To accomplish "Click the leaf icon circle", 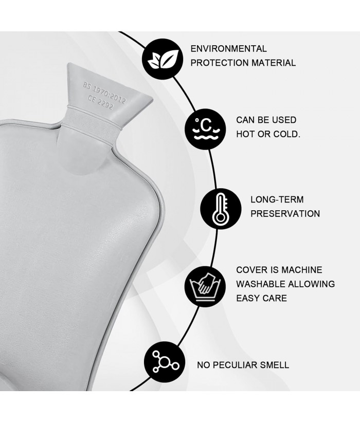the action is pos(163,59).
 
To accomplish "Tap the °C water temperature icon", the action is pos(205,129).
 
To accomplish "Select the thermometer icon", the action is pos(221,209).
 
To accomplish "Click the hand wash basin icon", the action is pos(205,286).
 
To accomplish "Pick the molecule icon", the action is pos(165,362).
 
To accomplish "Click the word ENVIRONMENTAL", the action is pos(228,49).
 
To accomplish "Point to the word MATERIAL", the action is pos(274,63).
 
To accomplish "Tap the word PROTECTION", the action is pos(220,63).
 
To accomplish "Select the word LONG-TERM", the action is pos(277,199).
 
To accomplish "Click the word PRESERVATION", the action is pos(285,214).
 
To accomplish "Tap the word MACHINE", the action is pos(302,270).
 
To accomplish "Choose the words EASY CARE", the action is pos(261,299).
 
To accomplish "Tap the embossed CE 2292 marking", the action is pos(101,103).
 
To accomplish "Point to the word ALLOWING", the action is pos(312,284).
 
